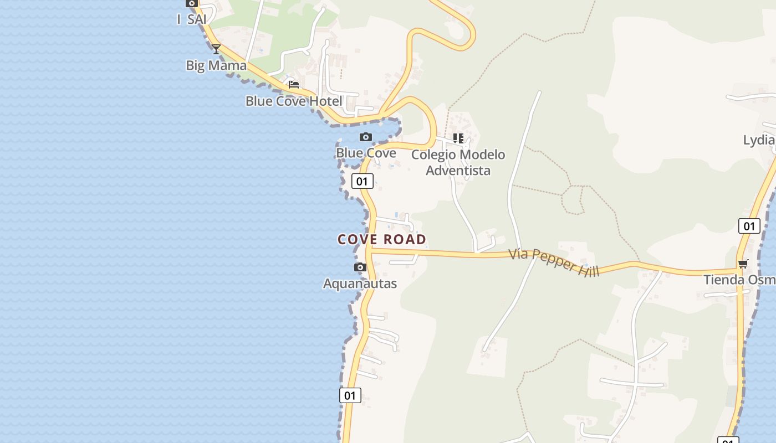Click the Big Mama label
coord(216,65)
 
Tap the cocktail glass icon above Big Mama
coord(216,49)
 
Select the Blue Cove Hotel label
coord(294,101)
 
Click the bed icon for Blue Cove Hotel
coord(294,84)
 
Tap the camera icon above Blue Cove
coord(366,137)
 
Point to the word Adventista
coord(458,171)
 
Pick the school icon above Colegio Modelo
coord(458,138)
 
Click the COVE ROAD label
coord(382,239)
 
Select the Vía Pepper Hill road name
coord(554,262)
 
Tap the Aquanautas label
coord(360,284)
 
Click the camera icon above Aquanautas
coord(360,267)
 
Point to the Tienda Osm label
coord(739,280)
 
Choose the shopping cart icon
coord(743,264)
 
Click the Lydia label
coord(759,140)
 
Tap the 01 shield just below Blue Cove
coord(363,181)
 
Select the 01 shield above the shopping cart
coord(749,225)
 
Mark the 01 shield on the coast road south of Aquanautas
coord(350,395)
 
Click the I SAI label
coord(192,19)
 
